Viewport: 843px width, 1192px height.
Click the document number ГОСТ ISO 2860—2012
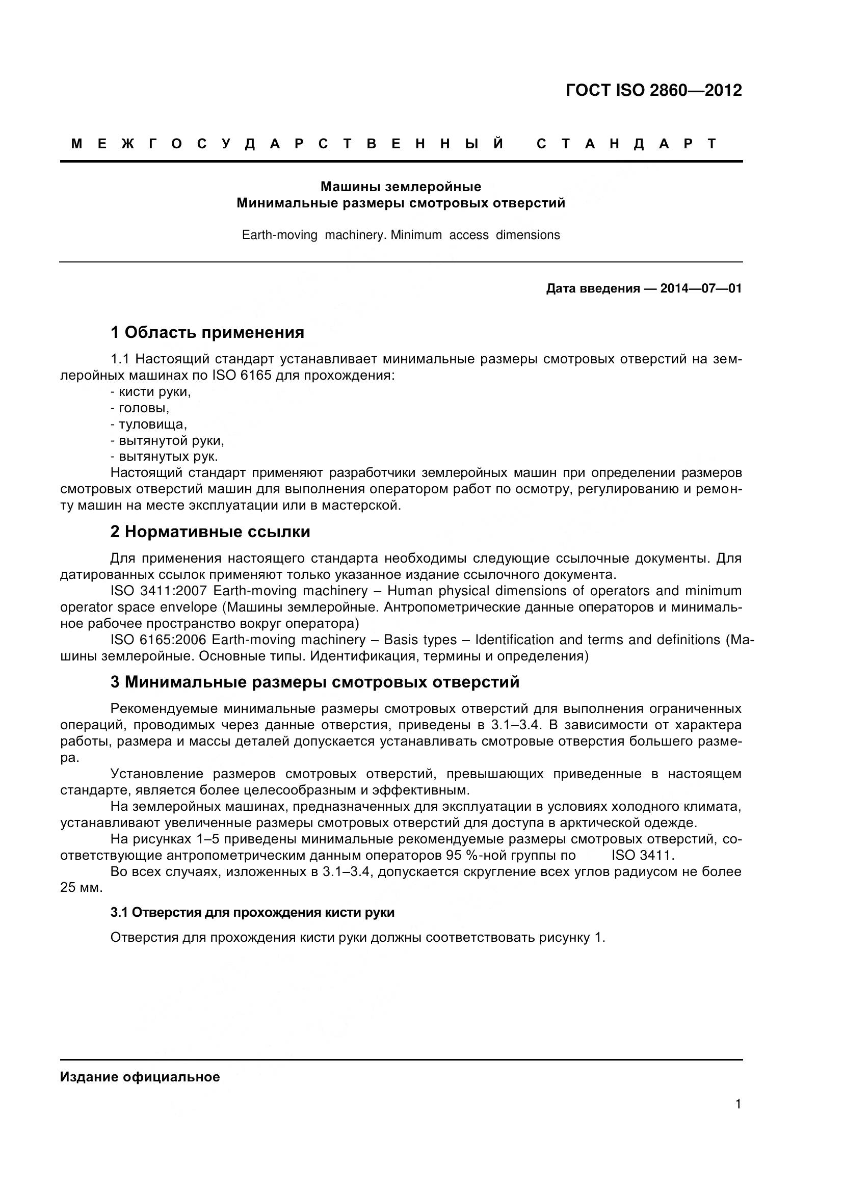coord(653,90)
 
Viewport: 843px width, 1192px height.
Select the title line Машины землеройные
coord(400,187)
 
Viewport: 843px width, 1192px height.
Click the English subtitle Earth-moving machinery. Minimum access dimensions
coord(401,235)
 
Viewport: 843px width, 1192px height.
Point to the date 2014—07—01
coord(701,288)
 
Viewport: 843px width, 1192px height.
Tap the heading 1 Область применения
coord(207,332)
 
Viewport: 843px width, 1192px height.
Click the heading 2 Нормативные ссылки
coord(210,532)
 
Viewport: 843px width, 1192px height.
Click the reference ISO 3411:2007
coord(159,591)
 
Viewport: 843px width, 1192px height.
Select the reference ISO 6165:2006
coord(159,640)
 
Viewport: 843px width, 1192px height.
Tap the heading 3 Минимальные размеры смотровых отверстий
coord(314,682)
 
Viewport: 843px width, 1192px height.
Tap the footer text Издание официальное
coord(140,1077)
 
